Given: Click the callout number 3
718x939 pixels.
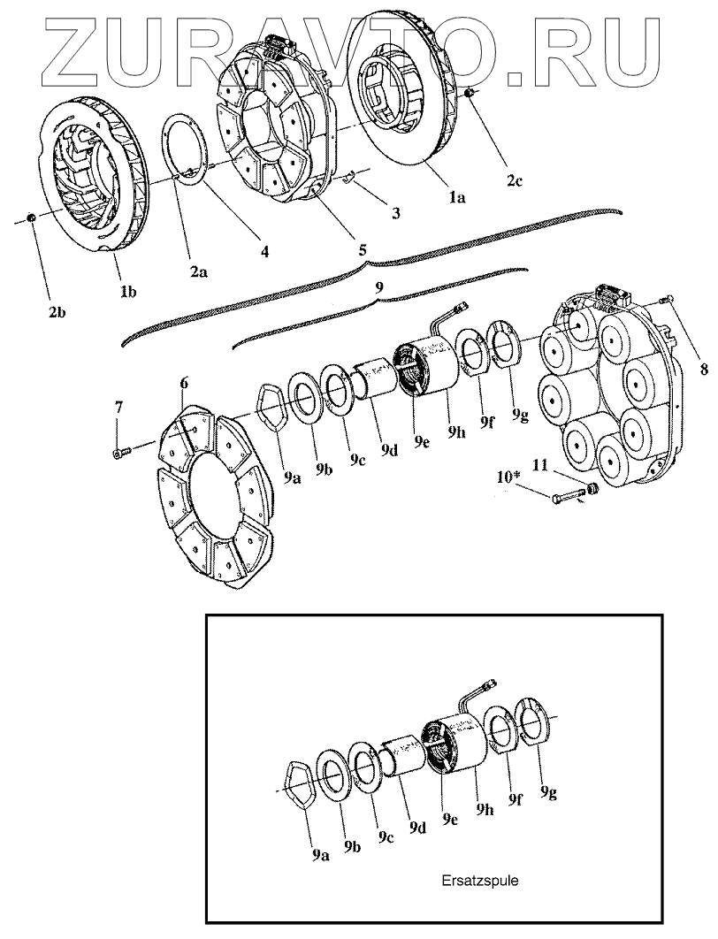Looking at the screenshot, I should click(395, 214).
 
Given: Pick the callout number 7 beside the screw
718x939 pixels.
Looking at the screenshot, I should click(118, 408).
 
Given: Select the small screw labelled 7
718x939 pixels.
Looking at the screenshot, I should click(121, 453).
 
